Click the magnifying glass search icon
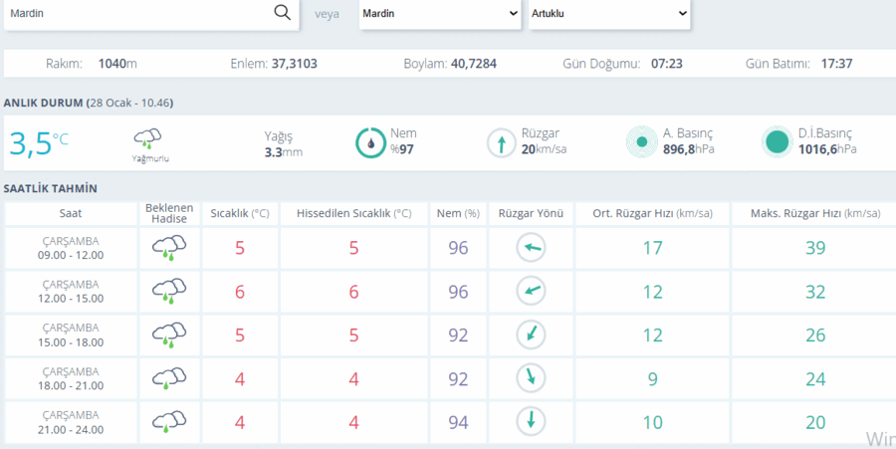(x=283, y=13)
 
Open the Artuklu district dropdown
(x=609, y=14)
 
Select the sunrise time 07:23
(x=667, y=64)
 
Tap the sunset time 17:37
(x=836, y=64)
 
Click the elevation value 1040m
(x=117, y=64)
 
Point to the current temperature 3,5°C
(x=38, y=143)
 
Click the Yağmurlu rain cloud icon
(x=147, y=138)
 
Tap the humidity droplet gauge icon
(x=371, y=142)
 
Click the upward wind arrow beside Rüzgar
(x=501, y=143)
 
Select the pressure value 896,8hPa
(x=689, y=149)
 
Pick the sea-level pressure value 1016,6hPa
(x=827, y=149)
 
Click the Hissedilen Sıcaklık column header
(x=353, y=214)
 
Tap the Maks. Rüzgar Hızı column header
(x=815, y=214)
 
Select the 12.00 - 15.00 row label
(x=71, y=299)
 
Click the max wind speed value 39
(x=815, y=248)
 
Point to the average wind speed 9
(x=652, y=379)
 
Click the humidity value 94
(x=458, y=423)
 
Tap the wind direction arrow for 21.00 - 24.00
(x=531, y=421)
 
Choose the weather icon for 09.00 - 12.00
(x=169, y=249)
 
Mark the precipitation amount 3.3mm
(x=284, y=152)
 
